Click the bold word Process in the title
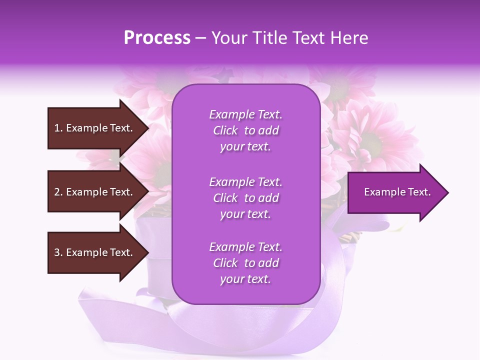(x=157, y=37)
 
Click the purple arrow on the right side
(x=395, y=192)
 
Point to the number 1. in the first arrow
(x=58, y=128)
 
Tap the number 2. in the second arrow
(x=58, y=192)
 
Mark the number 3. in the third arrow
(x=58, y=252)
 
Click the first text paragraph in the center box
(x=245, y=130)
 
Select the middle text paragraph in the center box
(x=245, y=198)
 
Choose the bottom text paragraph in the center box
(x=245, y=263)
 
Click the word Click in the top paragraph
(x=225, y=130)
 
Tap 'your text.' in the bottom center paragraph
(x=245, y=279)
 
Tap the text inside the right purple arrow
(x=397, y=192)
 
